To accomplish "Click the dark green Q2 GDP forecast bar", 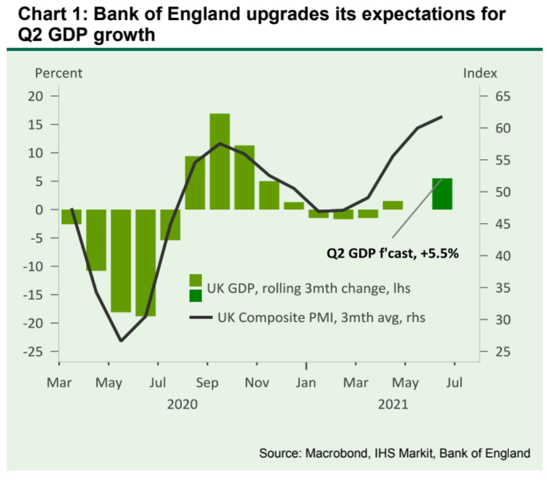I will click(x=442, y=194).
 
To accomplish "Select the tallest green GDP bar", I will click(x=219, y=161).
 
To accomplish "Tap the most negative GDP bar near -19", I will click(x=146, y=263).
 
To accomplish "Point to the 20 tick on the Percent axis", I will click(x=35, y=96).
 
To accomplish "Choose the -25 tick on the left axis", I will click(x=33, y=352).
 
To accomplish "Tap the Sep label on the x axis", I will click(x=208, y=382).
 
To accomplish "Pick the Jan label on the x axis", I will click(x=307, y=382).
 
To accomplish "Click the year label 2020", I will click(x=183, y=405).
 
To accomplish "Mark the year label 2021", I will click(x=393, y=405).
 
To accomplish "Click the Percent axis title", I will click(x=58, y=73).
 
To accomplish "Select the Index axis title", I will click(x=480, y=73).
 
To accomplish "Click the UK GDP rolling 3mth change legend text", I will click(x=308, y=288).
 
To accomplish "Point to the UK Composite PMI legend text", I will click(x=321, y=317).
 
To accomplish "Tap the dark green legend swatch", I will click(x=196, y=296).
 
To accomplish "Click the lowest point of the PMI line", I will click(x=121, y=341).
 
